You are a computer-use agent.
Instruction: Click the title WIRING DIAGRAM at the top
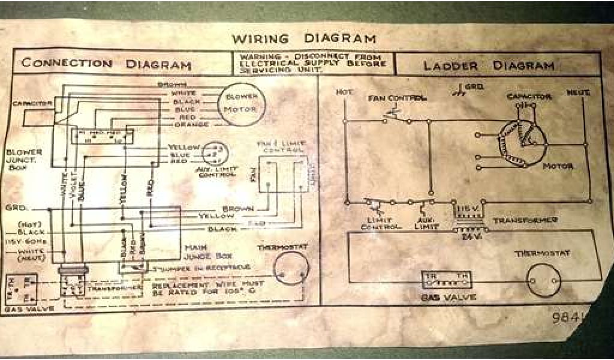(304, 39)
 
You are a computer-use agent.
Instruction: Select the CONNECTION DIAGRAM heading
(106, 64)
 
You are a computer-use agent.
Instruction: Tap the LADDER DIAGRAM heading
(489, 65)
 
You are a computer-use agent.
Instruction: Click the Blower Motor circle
(240, 103)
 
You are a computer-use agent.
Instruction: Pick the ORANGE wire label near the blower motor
(191, 125)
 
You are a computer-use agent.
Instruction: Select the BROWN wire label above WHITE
(173, 85)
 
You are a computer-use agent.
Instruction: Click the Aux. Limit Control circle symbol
(213, 154)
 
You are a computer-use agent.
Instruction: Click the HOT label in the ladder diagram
(344, 92)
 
